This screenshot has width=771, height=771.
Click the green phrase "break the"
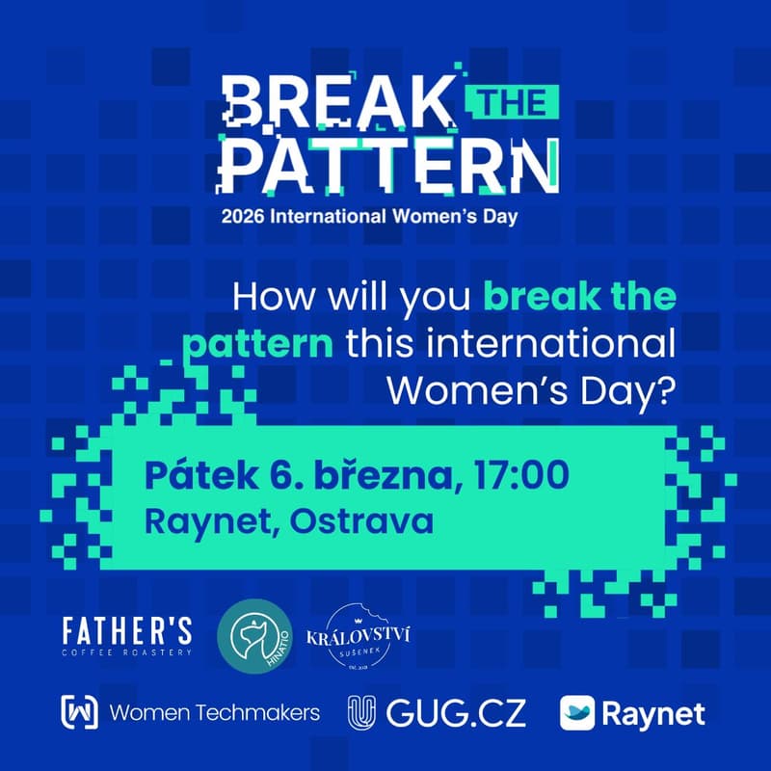point(580,298)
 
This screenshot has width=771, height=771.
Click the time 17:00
point(521,475)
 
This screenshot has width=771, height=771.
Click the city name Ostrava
point(361,521)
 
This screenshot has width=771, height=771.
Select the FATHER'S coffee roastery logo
point(126,637)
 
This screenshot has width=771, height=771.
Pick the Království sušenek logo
point(361,638)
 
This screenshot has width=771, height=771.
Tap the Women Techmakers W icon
point(80,714)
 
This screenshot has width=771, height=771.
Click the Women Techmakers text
point(215,714)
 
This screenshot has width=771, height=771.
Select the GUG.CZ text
point(455,714)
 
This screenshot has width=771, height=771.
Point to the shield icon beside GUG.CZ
point(361,714)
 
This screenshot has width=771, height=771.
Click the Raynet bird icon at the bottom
point(577,714)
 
